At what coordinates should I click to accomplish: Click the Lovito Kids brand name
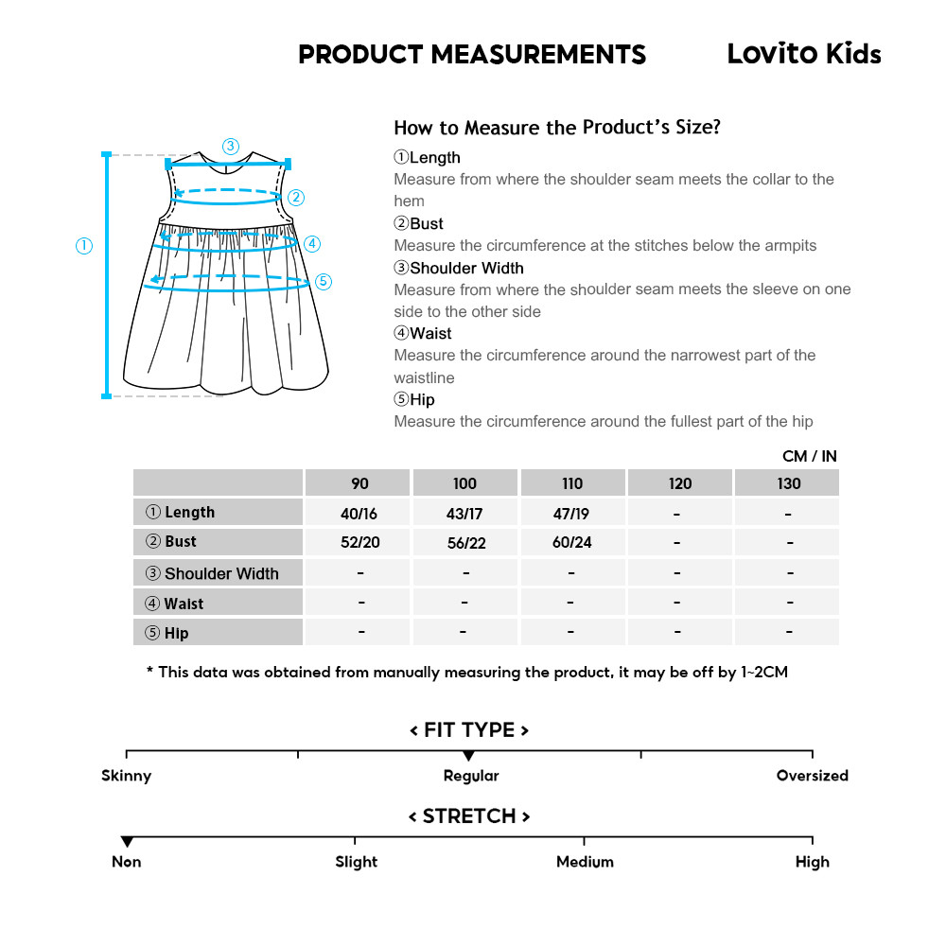click(803, 54)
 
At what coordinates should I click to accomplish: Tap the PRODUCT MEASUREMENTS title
click(472, 54)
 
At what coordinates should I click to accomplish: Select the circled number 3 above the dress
click(231, 146)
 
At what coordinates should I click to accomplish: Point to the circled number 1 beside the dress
click(84, 246)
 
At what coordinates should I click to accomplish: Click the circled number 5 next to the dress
click(324, 281)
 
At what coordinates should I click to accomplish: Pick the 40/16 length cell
click(359, 513)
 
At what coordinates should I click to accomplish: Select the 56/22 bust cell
click(464, 543)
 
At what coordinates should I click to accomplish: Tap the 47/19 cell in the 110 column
click(571, 513)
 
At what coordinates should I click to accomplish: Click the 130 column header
click(788, 483)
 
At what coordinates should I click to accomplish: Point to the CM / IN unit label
click(810, 456)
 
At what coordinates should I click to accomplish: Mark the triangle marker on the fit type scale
click(468, 756)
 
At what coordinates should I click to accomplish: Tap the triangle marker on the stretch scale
click(127, 842)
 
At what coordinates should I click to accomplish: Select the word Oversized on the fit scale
click(812, 776)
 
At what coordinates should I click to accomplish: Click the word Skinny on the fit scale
click(126, 776)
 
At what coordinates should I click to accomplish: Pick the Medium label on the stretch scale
click(585, 862)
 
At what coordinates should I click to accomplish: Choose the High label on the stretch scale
click(812, 862)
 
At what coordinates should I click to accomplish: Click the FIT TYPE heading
click(469, 730)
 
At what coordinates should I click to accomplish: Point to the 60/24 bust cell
click(571, 543)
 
